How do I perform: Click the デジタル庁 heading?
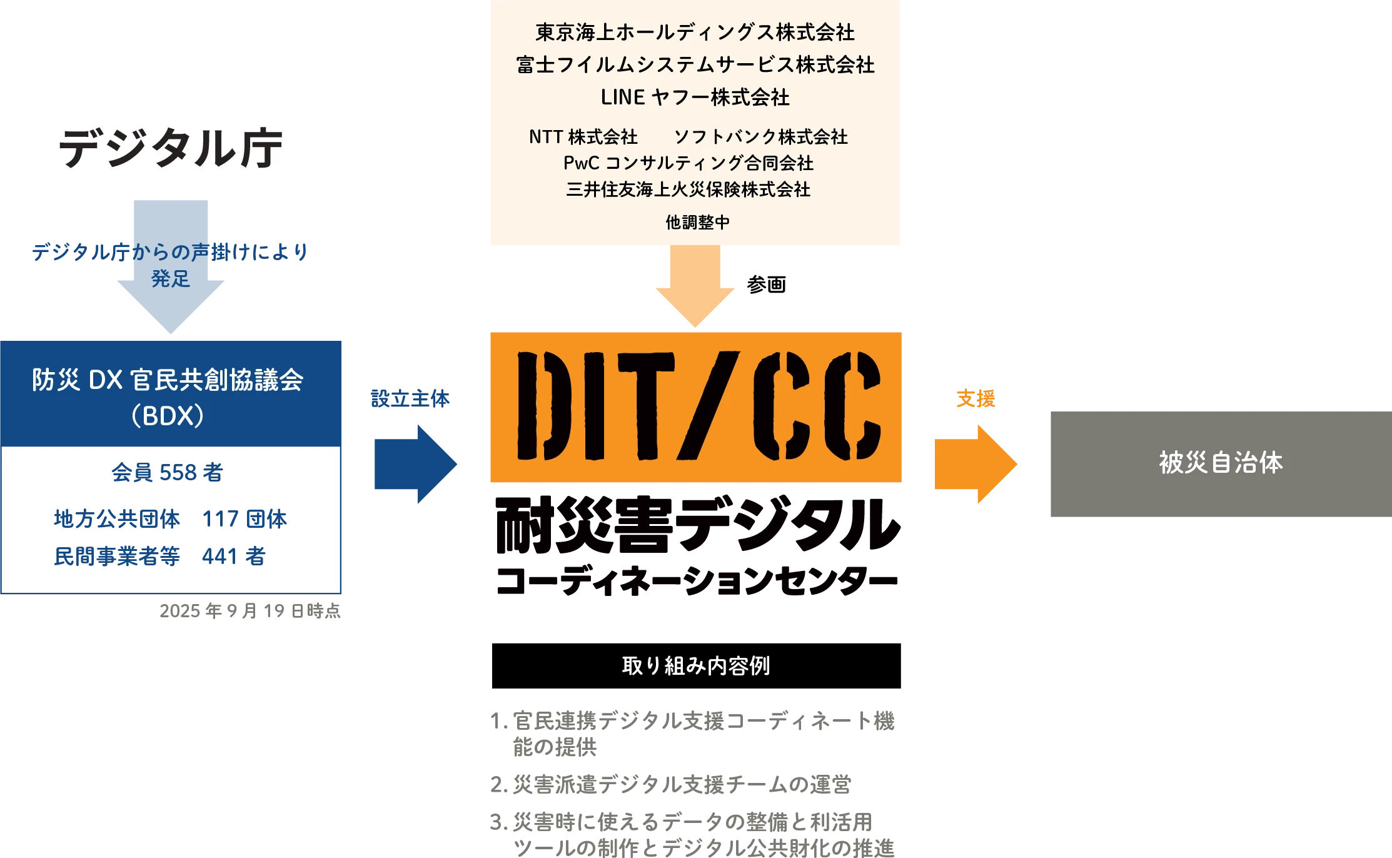coord(170,148)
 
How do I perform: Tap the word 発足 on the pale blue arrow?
coord(170,279)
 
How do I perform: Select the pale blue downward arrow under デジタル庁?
coord(170,306)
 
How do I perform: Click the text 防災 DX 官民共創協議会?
coord(168,380)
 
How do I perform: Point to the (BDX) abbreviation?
coord(168,416)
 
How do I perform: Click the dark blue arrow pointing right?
coord(415,463)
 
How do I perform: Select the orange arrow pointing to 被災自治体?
coord(975,463)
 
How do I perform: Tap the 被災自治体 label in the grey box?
coord(1221,463)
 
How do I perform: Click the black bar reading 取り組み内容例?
coord(697,665)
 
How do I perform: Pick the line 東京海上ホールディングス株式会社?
coord(695,33)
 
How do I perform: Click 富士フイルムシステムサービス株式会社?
coord(695,64)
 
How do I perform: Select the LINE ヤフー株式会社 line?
coord(695,97)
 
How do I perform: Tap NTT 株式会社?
coord(583,136)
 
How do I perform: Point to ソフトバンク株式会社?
coord(760,136)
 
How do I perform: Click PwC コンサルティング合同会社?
coord(688,163)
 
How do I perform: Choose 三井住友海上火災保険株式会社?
coord(688,189)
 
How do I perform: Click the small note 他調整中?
coord(697,222)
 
